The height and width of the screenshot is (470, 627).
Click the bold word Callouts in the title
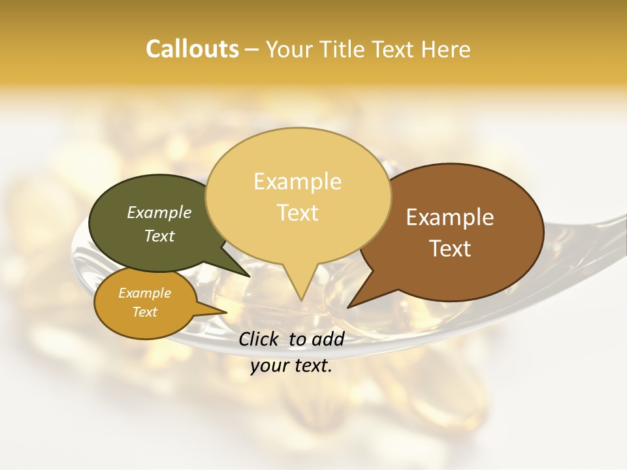[x=192, y=49]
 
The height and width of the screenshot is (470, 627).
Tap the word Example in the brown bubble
[x=450, y=217]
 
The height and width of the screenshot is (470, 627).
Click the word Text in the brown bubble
[x=450, y=249]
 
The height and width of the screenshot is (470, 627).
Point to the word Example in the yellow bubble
[x=297, y=181]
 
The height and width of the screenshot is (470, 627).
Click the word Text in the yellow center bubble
[x=297, y=213]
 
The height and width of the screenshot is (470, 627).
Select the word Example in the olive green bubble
[x=159, y=212]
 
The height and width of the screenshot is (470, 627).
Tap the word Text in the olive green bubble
[x=159, y=236]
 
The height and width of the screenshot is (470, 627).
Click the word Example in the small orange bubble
[x=144, y=293]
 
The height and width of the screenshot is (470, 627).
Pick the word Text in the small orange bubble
[x=144, y=312]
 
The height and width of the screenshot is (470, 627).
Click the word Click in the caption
[x=260, y=339]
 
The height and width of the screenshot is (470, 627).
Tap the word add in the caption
[x=328, y=339]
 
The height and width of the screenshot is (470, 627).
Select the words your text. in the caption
[x=291, y=366]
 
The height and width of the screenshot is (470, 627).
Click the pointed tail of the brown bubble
[x=350, y=305]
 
